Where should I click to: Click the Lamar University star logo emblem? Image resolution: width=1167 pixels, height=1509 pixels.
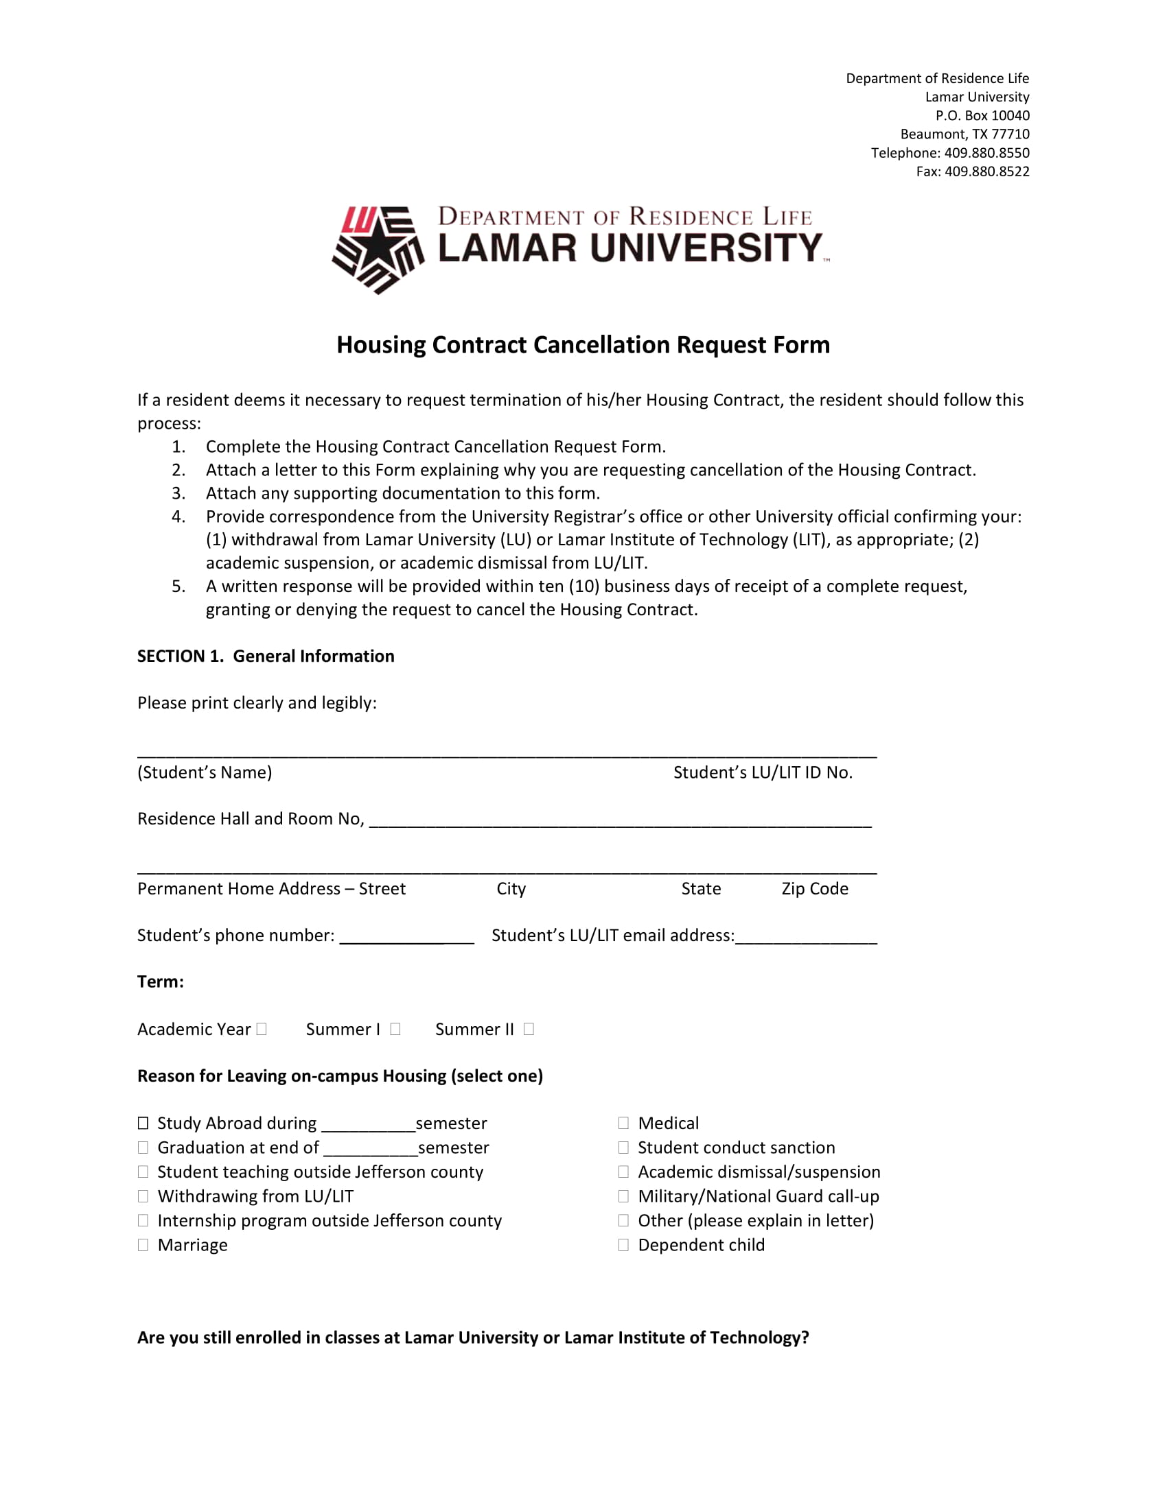pyautogui.click(x=378, y=250)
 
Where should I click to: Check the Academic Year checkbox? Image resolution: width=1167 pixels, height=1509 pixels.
pyautogui.click(x=262, y=1029)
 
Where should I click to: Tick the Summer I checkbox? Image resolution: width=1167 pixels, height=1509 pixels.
pyautogui.click(x=395, y=1029)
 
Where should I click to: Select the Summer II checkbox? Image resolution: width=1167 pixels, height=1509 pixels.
pyautogui.click(x=529, y=1029)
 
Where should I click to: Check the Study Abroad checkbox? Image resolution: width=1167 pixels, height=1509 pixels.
pyautogui.click(x=143, y=1123)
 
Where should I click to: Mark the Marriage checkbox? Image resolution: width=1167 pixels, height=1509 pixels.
pyautogui.click(x=143, y=1244)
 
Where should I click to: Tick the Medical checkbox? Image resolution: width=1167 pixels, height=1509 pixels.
pyautogui.click(x=623, y=1123)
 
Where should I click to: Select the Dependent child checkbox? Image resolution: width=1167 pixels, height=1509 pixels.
pyautogui.click(x=623, y=1244)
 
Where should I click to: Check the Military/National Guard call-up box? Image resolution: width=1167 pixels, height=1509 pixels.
pyautogui.click(x=623, y=1196)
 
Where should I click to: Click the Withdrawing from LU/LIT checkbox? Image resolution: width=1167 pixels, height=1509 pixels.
pyautogui.click(x=143, y=1196)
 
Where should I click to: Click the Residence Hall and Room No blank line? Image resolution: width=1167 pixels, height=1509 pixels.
pyautogui.click(x=620, y=821)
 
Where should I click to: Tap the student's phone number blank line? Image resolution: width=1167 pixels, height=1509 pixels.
pyautogui.click(x=406, y=938)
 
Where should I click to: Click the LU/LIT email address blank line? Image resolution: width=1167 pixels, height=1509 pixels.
pyautogui.click(x=806, y=938)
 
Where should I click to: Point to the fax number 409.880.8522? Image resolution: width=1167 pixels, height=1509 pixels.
pyautogui.click(x=986, y=171)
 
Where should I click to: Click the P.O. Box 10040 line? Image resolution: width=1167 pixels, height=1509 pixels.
pyautogui.click(x=982, y=115)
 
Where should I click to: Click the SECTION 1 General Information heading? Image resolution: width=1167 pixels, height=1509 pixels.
pyautogui.click(x=266, y=656)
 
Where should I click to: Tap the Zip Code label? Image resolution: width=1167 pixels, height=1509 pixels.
pyautogui.click(x=814, y=888)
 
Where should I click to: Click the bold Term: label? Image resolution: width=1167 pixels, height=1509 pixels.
pyautogui.click(x=161, y=982)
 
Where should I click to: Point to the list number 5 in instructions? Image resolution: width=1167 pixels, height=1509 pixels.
pyautogui.click(x=178, y=586)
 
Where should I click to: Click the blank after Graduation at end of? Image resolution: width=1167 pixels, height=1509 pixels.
pyautogui.click(x=371, y=1149)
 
